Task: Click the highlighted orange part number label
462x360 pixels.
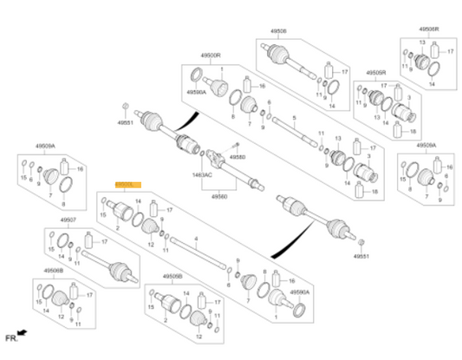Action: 127,185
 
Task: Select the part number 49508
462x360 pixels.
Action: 279,31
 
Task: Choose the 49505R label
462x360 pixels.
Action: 376,72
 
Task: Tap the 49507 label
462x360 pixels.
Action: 68,220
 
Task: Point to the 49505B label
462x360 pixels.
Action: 172,276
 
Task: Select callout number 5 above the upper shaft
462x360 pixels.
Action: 294,117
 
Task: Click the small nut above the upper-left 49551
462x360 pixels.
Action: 127,106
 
